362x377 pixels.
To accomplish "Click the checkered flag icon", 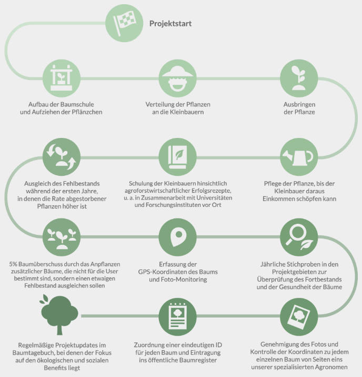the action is pos(124,23).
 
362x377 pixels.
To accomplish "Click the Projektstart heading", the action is pos(170,24).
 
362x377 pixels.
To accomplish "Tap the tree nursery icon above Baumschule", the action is pos(61,78).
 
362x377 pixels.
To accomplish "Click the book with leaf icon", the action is pos(177,157).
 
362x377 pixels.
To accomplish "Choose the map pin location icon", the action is pos(177,237).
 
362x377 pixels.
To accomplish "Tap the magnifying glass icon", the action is pos(299,237).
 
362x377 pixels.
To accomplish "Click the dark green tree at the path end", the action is pos(59,314).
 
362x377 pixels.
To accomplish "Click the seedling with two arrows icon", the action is pos(61,157).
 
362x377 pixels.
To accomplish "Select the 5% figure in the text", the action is pos(13,264).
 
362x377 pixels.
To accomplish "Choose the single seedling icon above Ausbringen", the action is pos(299,78).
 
